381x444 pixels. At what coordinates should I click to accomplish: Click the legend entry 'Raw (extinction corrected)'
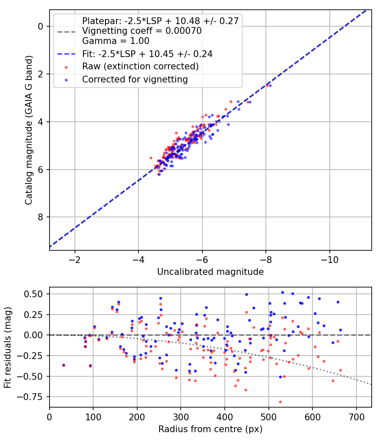coord(140,66)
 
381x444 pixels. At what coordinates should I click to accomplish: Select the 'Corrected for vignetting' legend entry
coord(135,79)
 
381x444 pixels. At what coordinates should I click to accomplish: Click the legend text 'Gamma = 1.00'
coord(116,41)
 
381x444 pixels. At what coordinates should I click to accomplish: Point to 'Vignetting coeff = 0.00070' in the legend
coord(142,31)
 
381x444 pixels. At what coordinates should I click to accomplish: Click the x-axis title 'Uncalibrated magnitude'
coord(210,272)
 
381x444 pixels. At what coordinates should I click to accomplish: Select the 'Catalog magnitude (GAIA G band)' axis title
coord(29,130)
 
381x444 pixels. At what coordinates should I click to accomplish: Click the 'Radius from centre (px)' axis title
coord(210,429)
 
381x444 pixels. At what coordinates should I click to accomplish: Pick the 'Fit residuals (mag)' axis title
coord(8,348)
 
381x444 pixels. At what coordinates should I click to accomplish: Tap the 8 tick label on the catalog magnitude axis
coord(41,217)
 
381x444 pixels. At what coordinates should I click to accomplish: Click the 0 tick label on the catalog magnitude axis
coord(41,26)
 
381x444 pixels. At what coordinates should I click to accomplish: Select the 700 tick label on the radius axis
coord(356,417)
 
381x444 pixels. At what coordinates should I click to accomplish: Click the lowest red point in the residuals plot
coord(280,402)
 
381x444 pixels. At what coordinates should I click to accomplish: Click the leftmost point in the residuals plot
coord(63,365)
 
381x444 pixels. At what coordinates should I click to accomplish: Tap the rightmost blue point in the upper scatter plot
coord(270,85)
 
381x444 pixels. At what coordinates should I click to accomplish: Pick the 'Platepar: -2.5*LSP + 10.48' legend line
coord(160,21)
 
